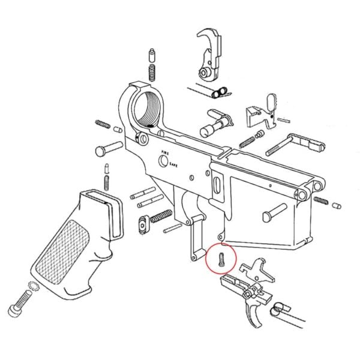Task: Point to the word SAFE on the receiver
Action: point(173,164)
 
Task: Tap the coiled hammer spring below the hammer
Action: point(220,91)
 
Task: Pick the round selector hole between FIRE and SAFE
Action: point(164,161)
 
